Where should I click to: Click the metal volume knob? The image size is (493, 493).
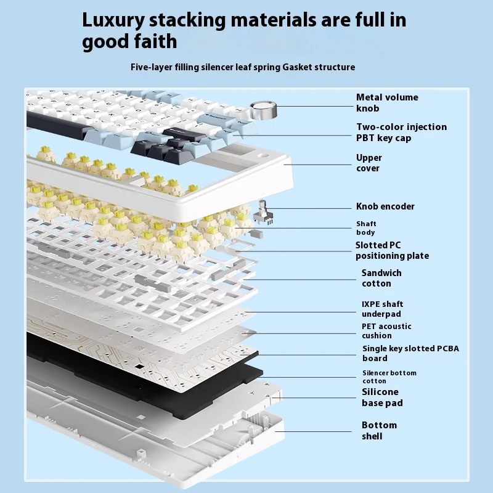coord(264,112)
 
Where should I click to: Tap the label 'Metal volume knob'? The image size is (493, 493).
coord(387,102)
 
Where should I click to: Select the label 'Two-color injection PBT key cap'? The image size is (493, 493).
coord(401,132)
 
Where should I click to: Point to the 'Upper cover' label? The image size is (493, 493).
coord(369,163)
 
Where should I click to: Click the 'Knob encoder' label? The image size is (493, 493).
coord(385,206)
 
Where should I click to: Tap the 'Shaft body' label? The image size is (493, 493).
coord(365,228)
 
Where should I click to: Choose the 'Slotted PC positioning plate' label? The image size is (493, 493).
coord(391,250)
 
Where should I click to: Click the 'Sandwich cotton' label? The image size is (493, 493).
coord(381,278)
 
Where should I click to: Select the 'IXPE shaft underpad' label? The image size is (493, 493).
coord(382,309)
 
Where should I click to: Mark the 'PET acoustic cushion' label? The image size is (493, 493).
coord(386,331)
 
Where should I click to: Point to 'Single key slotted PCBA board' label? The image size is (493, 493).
coord(410,353)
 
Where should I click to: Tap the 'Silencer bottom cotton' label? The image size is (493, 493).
coord(389,377)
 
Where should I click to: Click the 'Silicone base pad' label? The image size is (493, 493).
coord(381,397)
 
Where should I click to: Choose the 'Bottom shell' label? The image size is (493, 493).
coord(379,431)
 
